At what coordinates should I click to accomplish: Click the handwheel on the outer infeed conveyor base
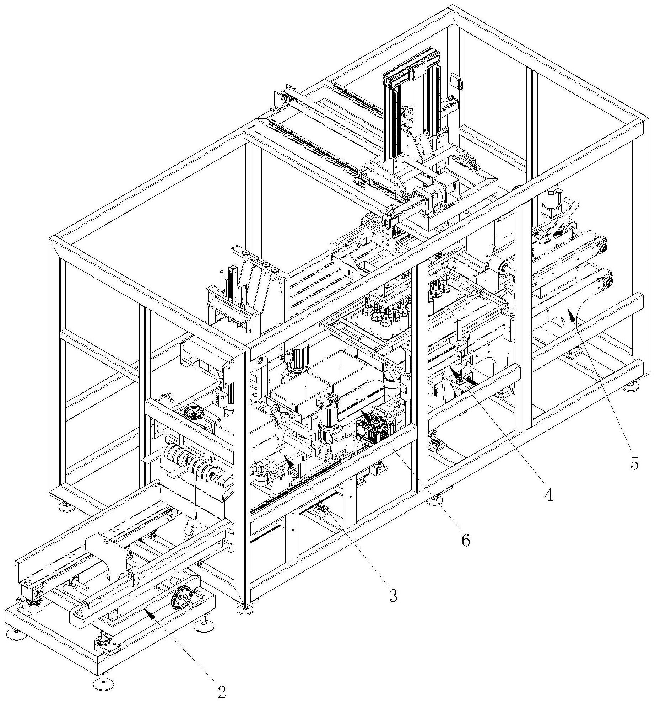tap(182, 599)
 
